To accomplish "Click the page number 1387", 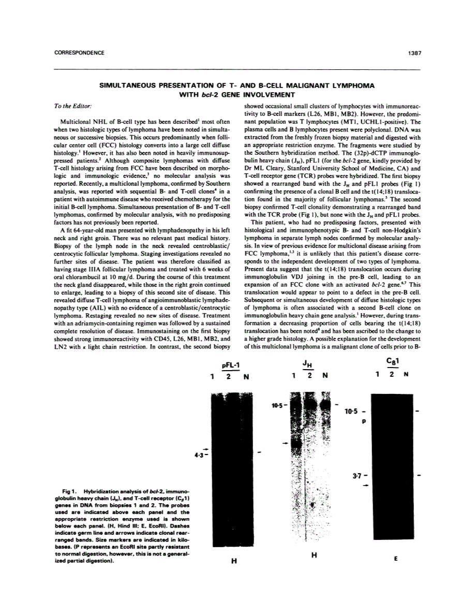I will (x=412, y=52).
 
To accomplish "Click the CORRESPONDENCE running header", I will (x=79, y=52).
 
